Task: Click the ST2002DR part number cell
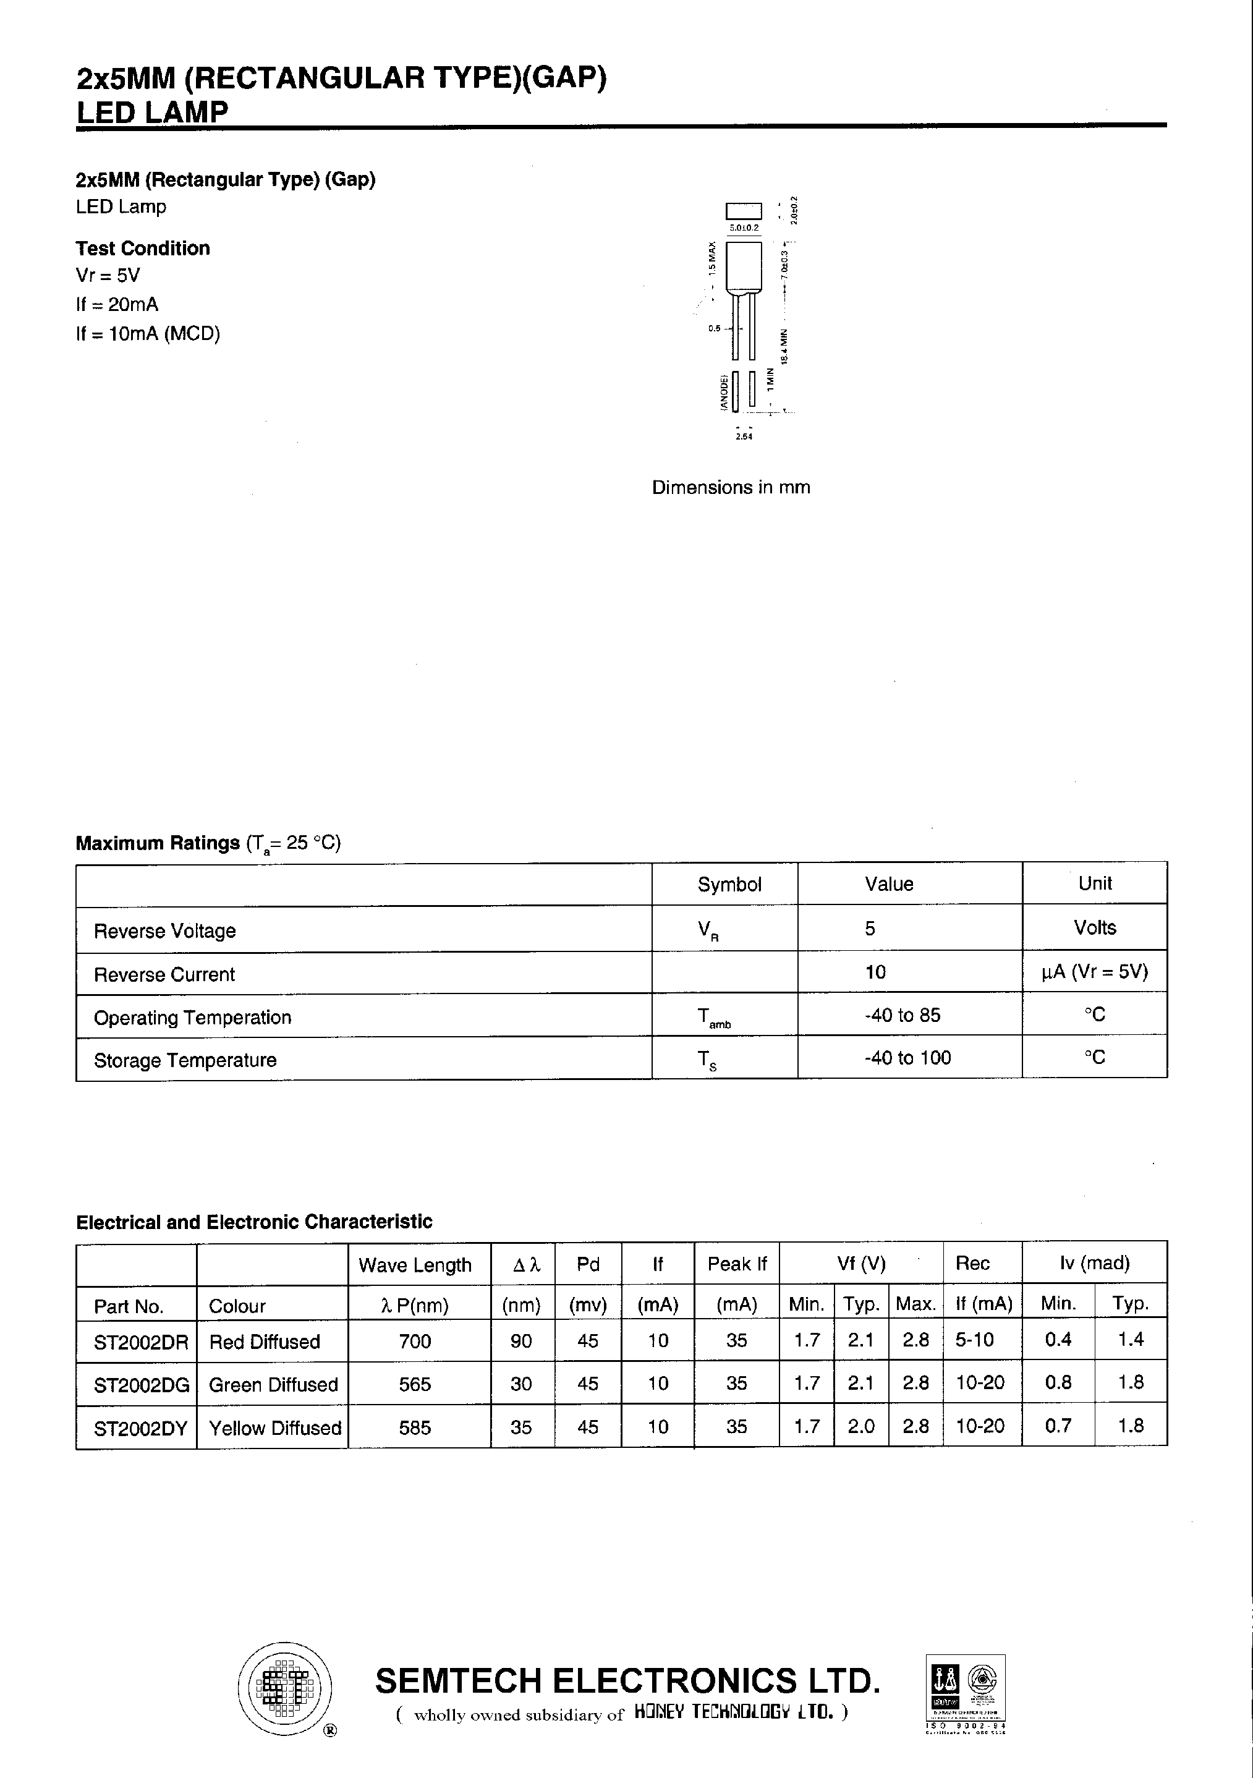pyautogui.click(x=140, y=1342)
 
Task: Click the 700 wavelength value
pyautogui.click(x=414, y=1342)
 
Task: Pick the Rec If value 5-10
pyautogui.click(x=974, y=1340)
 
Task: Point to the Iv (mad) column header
pyautogui.click(x=1094, y=1263)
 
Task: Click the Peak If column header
pyautogui.click(x=736, y=1264)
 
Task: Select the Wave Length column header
pyautogui.click(x=414, y=1265)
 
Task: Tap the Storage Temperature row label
pyautogui.click(x=185, y=1060)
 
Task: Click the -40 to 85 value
pyautogui.click(x=902, y=1015)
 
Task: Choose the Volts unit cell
pyautogui.click(x=1094, y=928)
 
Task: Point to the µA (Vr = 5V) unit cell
pyautogui.click(x=1094, y=972)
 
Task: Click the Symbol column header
pyautogui.click(x=729, y=884)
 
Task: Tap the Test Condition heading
pyautogui.click(x=143, y=249)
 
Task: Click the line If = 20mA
pyautogui.click(x=117, y=304)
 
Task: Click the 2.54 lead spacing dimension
pyautogui.click(x=744, y=436)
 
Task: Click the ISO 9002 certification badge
pyautogui.click(x=965, y=1692)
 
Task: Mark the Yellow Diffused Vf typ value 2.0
pyautogui.click(x=860, y=1426)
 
